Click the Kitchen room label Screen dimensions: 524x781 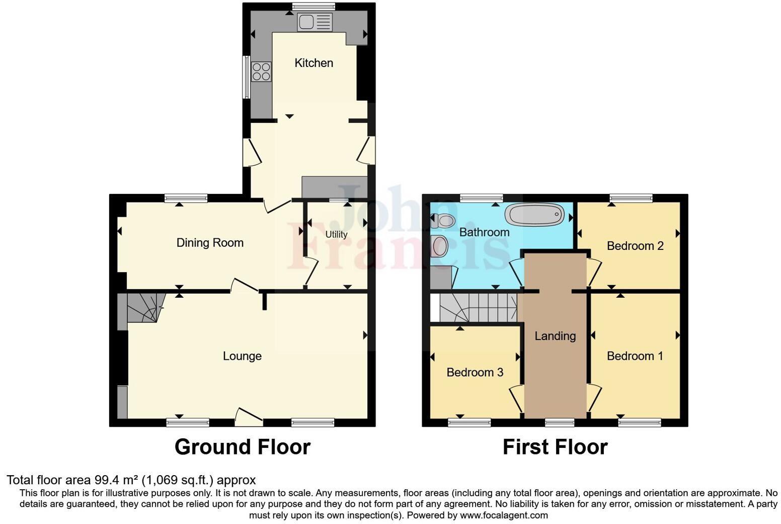[x=314, y=63]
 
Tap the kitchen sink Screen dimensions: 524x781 [x=315, y=22]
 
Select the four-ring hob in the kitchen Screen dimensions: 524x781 [x=261, y=72]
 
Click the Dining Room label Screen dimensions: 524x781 [x=210, y=243]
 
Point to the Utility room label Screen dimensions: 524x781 [x=336, y=234]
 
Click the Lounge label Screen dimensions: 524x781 [x=242, y=356]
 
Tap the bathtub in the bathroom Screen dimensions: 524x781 [x=534, y=215]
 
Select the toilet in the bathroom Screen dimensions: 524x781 [x=443, y=220]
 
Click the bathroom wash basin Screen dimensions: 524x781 [x=439, y=245]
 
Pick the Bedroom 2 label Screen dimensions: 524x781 [x=635, y=246]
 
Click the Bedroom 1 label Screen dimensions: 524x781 [x=635, y=356]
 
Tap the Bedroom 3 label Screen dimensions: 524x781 [x=475, y=372]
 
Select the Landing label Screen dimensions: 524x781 [x=555, y=336]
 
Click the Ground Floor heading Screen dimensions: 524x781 [x=242, y=447]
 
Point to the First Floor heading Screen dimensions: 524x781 [x=555, y=447]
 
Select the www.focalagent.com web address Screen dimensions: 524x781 [x=504, y=515]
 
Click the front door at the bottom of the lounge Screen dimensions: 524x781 [x=249, y=416]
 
